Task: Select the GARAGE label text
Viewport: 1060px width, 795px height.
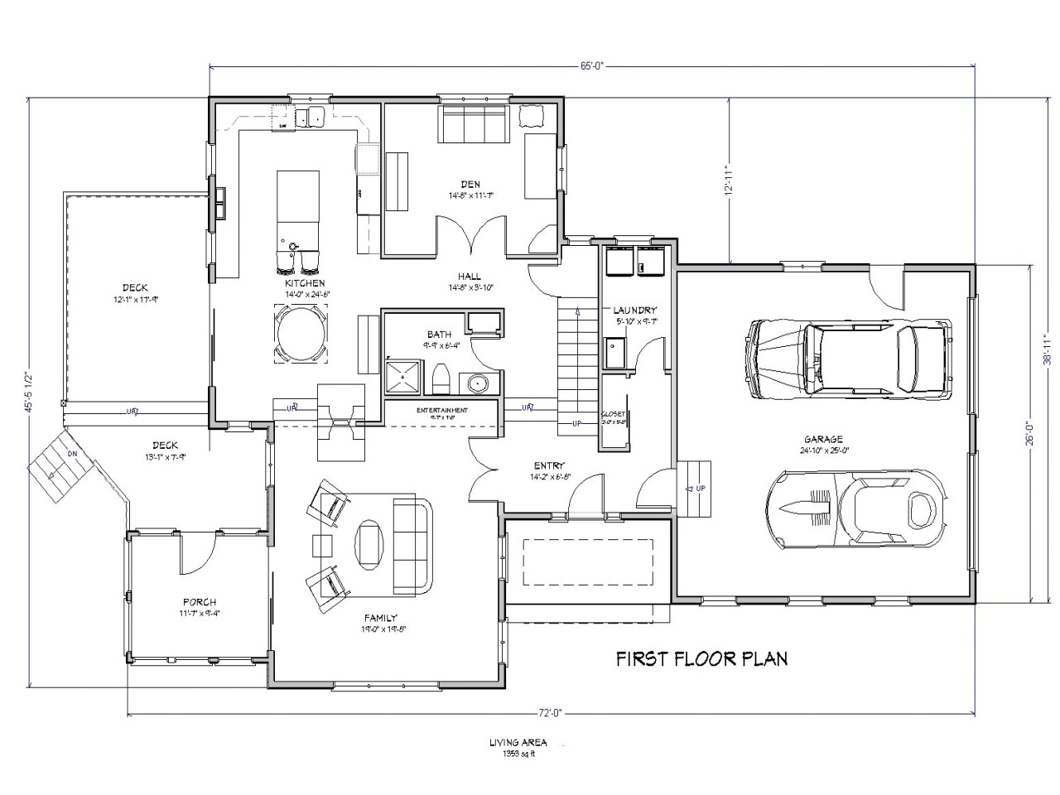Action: click(x=822, y=440)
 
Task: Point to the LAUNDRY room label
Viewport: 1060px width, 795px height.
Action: click(x=635, y=310)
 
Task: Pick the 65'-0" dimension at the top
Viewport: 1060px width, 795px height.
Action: click(x=591, y=67)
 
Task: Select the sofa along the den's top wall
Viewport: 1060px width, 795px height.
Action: click(x=473, y=125)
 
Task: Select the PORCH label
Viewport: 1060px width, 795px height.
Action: click(x=200, y=602)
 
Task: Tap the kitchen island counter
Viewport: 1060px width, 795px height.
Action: click(x=296, y=207)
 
